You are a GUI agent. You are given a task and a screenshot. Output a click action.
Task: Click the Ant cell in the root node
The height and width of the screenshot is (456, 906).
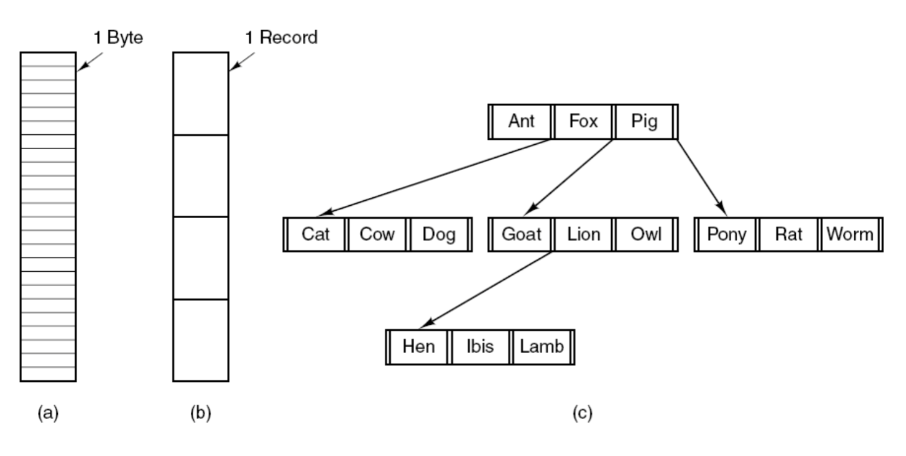click(x=521, y=121)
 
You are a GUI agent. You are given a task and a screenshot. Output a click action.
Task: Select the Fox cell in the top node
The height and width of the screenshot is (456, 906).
click(x=583, y=121)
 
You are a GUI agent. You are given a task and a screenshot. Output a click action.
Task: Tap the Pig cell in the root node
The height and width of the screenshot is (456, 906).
click(x=644, y=121)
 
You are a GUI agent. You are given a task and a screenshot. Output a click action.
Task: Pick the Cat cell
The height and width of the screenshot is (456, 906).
click(x=316, y=234)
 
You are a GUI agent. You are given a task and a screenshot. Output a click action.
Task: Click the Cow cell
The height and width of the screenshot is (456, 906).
click(x=377, y=234)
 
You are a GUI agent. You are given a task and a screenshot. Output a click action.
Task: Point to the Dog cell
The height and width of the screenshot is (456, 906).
click(x=439, y=234)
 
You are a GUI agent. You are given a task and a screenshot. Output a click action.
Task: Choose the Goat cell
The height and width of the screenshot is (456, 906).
click(x=521, y=234)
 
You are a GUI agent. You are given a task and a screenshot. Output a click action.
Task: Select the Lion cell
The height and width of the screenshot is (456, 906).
click(x=583, y=234)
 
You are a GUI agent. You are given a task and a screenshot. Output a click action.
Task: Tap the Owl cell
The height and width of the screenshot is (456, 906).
click(x=645, y=234)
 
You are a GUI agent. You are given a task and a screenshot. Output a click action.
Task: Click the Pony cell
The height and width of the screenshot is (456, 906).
click(x=727, y=234)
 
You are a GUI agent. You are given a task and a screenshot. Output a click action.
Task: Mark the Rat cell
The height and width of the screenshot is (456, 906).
click(x=788, y=234)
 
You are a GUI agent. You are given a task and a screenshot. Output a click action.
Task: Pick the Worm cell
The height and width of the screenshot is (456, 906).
click(x=850, y=234)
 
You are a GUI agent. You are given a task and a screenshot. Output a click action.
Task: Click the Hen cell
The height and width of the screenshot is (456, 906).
click(x=419, y=347)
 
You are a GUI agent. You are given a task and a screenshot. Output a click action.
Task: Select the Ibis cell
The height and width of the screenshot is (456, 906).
click(x=480, y=347)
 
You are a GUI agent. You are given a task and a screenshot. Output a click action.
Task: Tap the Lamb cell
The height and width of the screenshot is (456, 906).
click(x=542, y=347)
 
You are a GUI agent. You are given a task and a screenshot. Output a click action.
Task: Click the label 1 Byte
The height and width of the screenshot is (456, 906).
click(x=118, y=38)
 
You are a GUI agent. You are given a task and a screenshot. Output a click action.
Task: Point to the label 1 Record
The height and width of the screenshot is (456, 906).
click(x=281, y=38)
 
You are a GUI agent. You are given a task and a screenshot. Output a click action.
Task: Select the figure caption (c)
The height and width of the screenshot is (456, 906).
click(x=582, y=413)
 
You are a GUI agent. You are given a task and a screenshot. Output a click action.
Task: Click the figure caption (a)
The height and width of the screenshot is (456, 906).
click(x=48, y=413)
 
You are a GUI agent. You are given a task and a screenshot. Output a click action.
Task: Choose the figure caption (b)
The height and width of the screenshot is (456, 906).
click(x=201, y=413)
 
